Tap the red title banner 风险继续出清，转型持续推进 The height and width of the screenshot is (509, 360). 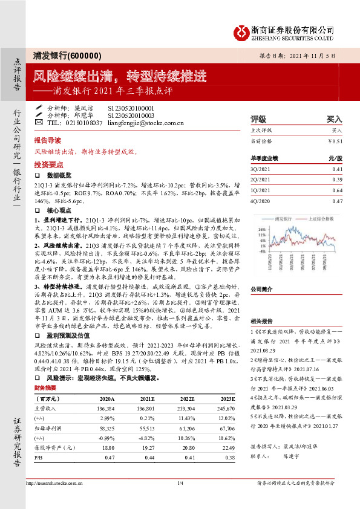click(x=120, y=76)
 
